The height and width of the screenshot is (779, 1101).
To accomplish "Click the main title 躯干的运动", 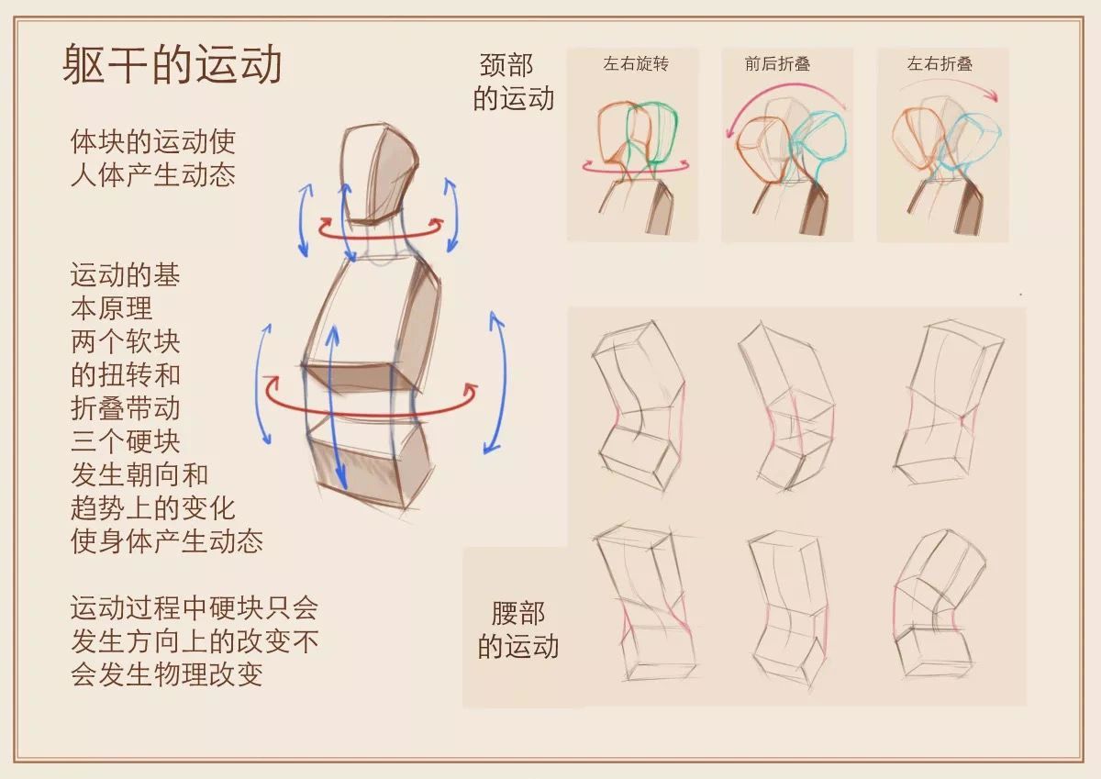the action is click(172, 64).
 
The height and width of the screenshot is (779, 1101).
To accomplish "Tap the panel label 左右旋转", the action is click(636, 63).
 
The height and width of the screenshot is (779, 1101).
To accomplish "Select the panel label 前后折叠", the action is click(777, 63).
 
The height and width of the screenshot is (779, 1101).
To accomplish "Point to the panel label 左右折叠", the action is click(940, 63).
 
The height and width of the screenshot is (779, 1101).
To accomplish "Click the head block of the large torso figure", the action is click(378, 174).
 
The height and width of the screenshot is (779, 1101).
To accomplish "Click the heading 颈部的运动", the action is click(514, 82).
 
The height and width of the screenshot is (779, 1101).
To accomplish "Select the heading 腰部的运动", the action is click(518, 629).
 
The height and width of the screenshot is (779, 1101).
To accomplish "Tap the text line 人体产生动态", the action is click(153, 175).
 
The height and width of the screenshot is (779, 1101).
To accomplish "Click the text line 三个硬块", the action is click(126, 441).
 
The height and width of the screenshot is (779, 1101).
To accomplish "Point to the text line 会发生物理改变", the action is click(167, 673).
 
